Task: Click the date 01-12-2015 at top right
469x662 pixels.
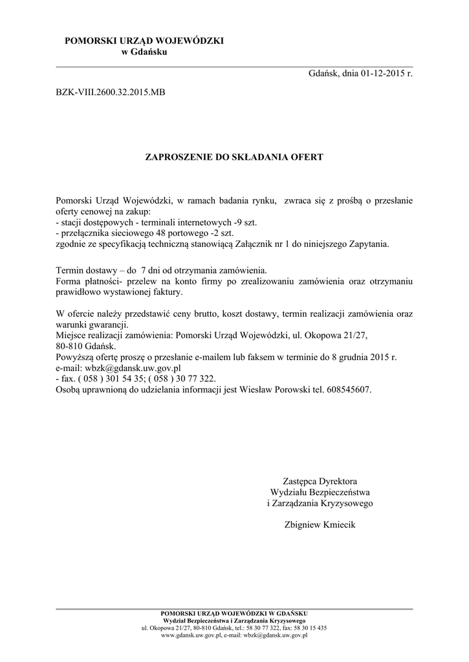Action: tap(378, 75)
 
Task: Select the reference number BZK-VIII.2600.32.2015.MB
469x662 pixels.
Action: tap(111, 92)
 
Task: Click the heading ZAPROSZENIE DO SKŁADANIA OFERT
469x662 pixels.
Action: tap(234, 156)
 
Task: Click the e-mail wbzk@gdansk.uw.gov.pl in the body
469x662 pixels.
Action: tap(131, 368)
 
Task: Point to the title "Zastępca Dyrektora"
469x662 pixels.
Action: tap(320, 481)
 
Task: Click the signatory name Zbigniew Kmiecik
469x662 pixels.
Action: tap(320, 525)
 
